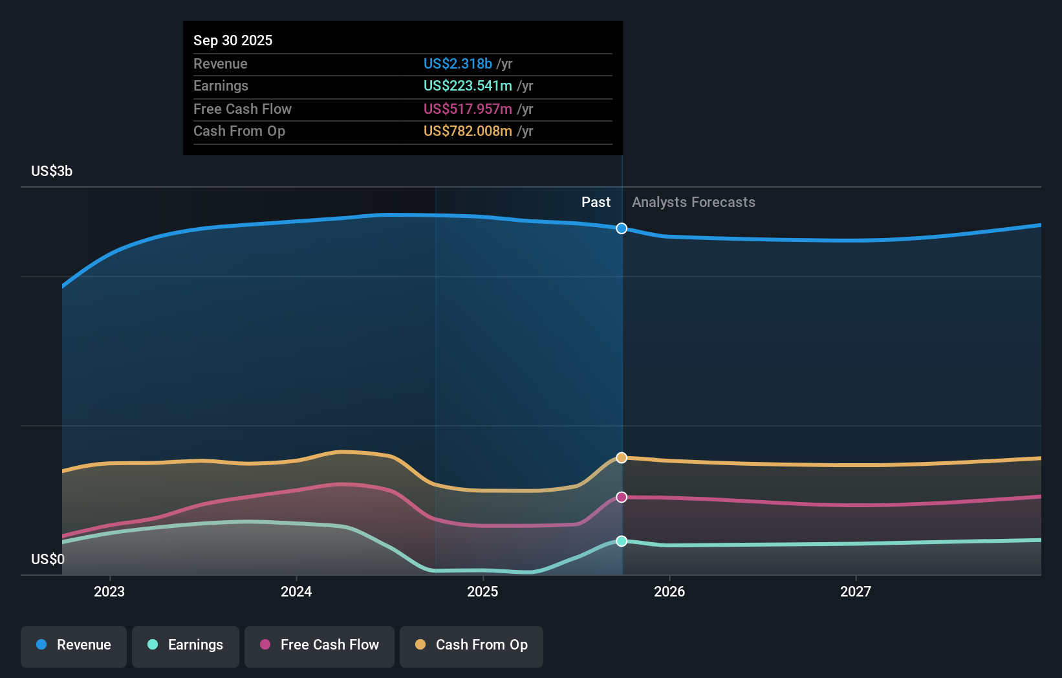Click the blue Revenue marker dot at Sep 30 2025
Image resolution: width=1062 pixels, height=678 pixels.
point(622,228)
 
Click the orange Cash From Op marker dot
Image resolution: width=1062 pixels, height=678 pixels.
point(622,458)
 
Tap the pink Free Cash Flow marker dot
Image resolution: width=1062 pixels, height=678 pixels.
point(622,497)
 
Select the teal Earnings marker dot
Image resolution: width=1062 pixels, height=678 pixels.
point(622,541)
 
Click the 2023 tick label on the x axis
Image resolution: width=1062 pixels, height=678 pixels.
point(109,591)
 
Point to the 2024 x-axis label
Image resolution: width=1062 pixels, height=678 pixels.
point(296,591)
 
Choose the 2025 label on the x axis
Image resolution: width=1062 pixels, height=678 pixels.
point(482,591)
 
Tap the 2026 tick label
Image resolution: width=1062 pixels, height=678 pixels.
point(669,591)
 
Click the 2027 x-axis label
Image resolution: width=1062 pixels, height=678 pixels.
point(856,591)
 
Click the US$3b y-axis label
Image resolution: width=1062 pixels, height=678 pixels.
point(52,171)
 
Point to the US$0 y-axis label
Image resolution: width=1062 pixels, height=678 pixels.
point(48,559)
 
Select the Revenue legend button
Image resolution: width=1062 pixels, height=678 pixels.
point(74,645)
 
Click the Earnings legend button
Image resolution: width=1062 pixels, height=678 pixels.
point(186,645)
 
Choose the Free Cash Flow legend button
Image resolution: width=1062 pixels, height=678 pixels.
point(320,645)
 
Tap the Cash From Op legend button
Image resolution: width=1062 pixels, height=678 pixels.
point(471,645)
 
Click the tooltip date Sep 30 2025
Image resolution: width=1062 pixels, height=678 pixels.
point(233,40)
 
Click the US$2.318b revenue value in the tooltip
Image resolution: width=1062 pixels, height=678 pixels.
point(458,63)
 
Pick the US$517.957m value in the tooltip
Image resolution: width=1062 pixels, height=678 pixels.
point(468,109)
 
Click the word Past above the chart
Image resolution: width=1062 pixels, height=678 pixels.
point(596,202)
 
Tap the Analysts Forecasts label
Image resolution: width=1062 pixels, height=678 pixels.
point(693,202)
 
